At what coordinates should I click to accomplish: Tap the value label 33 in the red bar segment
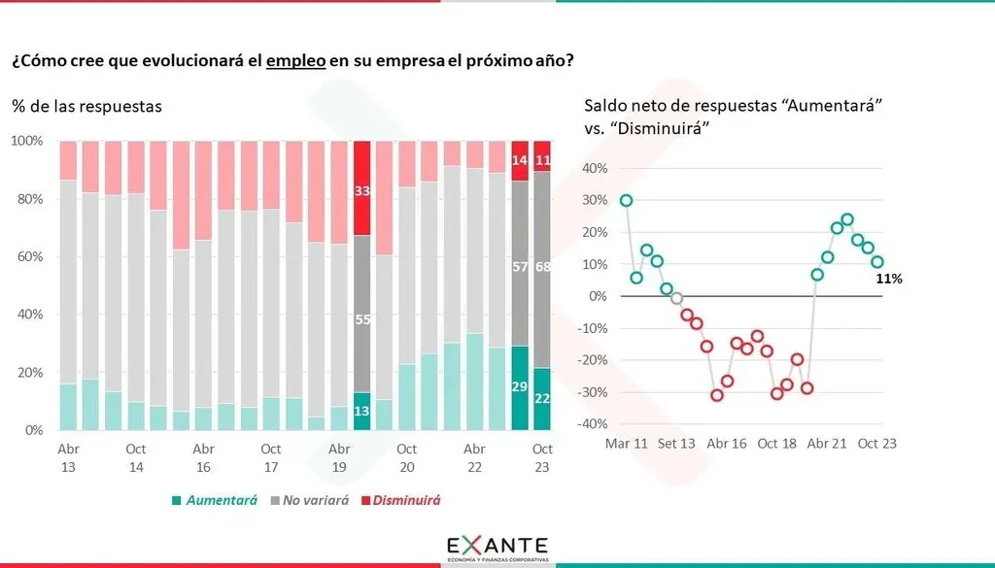(x=361, y=191)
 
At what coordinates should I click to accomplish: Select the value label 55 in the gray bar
(x=361, y=320)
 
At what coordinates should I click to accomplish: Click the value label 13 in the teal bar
(x=361, y=411)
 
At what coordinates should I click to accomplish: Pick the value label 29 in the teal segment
(x=520, y=387)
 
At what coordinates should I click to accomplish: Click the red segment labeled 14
(x=520, y=160)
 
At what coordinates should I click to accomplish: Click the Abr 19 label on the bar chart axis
(x=339, y=458)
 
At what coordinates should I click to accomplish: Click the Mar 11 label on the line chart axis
(x=626, y=444)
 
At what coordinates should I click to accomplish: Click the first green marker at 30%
(x=626, y=200)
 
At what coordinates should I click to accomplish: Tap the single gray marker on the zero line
(x=676, y=298)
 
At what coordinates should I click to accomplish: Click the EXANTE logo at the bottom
(x=497, y=547)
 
